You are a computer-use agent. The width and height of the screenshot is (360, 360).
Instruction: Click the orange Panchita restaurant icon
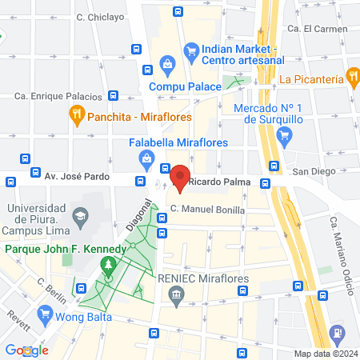pos(78,115)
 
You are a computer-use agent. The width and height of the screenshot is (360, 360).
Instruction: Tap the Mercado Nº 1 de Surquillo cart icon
pos(282,136)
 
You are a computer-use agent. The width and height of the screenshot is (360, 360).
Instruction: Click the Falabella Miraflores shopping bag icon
pos(148,159)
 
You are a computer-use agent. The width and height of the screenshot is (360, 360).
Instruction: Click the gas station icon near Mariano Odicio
pos(338,331)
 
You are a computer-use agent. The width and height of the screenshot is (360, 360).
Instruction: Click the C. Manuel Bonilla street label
pos(207,209)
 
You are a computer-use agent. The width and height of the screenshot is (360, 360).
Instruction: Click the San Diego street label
pos(311,171)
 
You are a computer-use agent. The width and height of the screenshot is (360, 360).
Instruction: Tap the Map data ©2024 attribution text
pos(325,354)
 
